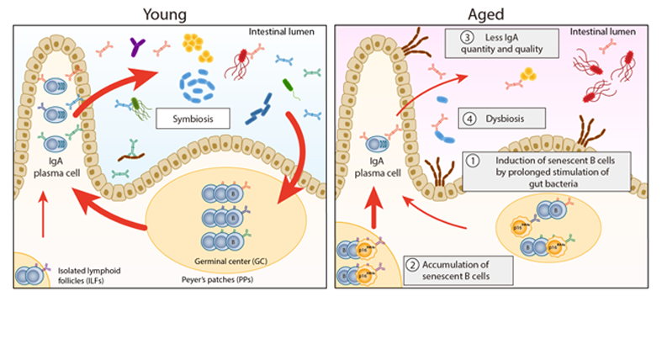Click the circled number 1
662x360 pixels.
pyautogui.click(x=474, y=161)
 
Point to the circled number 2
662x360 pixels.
pyautogui.click(x=412, y=262)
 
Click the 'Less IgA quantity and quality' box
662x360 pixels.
pyautogui.click(x=501, y=43)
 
